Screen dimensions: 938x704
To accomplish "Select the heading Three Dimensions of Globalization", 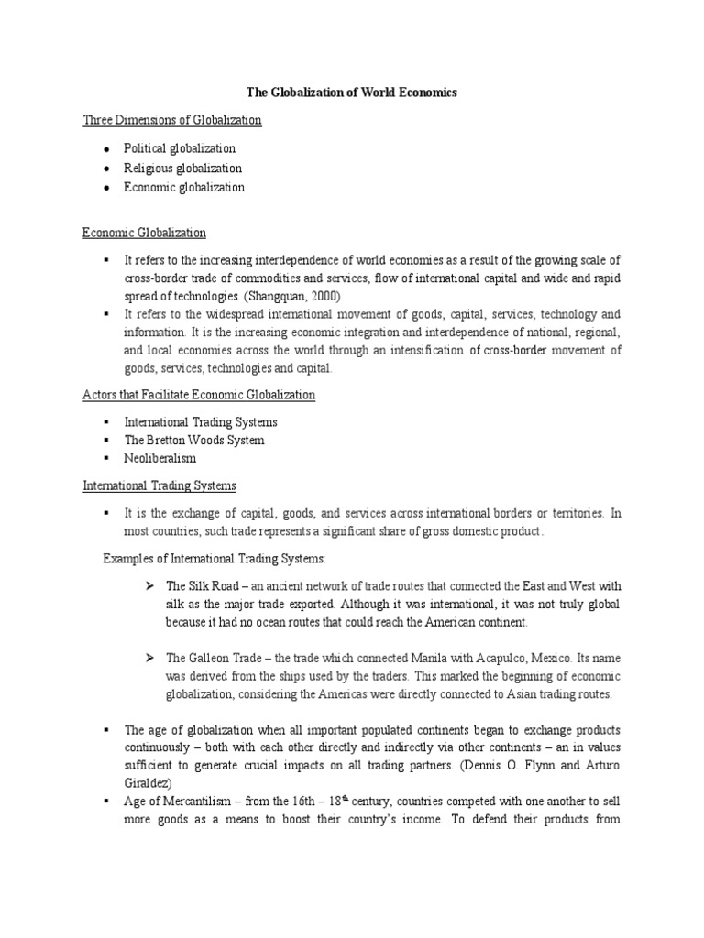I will point(172,120).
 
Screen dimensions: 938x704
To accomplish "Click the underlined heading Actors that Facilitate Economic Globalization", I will point(199,395).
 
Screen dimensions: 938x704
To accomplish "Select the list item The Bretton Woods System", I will point(194,440).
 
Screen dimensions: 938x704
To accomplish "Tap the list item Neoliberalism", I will point(160,457).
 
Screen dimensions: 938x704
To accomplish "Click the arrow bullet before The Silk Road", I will point(148,585).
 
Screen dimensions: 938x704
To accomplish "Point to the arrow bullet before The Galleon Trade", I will point(148,659).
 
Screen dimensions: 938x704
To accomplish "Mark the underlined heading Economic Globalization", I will point(145,234).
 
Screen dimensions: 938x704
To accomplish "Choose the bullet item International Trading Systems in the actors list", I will point(201,422).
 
